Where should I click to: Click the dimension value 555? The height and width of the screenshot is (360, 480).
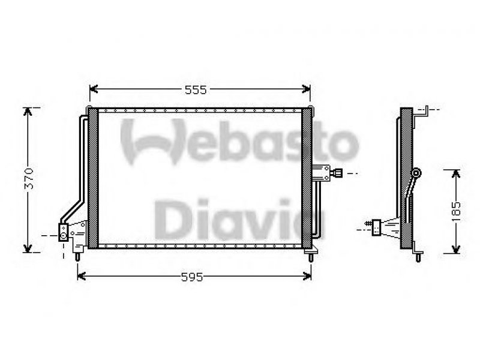[x=196, y=90]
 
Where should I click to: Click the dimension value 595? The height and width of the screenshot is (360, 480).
[x=192, y=277]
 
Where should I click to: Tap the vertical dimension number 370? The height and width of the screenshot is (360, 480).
[x=29, y=178]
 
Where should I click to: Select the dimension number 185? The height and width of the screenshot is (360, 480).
[x=456, y=212]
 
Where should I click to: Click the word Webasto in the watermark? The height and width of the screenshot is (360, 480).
[x=239, y=142]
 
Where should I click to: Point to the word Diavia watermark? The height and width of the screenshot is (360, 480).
[x=239, y=219]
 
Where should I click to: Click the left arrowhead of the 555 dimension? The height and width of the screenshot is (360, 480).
[x=94, y=89]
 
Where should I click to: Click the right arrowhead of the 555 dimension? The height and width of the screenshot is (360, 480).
[x=306, y=89]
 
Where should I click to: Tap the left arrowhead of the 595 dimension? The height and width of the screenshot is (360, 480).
[x=82, y=276]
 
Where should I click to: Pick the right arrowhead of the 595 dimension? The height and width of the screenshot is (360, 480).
[x=307, y=276]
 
